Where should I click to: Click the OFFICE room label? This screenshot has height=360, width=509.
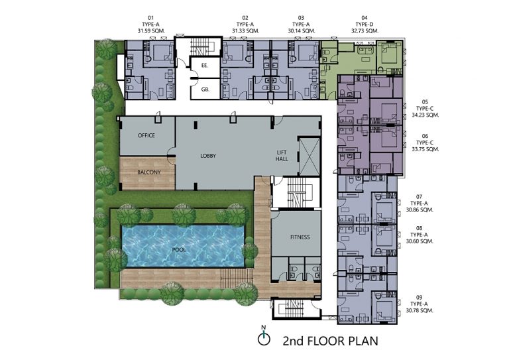pyautogui.click(x=146, y=135)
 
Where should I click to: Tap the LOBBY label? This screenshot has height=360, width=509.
pyautogui.click(x=208, y=156)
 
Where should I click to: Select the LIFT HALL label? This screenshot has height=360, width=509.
pyautogui.click(x=282, y=156)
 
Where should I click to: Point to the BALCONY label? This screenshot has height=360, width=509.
pyautogui.click(x=148, y=172)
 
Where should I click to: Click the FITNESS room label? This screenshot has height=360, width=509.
pyautogui.click(x=300, y=237)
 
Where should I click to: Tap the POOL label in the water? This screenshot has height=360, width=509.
pyautogui.click(x=179, y=250)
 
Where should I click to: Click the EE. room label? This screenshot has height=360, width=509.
pyautogui.click(x=205, y=65)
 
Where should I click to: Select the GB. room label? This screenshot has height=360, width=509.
pyautogui.click(x=205, y=90)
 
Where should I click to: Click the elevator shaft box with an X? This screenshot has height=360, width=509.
pyautogui.click(x=310, y=156)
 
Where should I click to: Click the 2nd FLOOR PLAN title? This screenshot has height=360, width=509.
pyautogui.click(x=331, y=341)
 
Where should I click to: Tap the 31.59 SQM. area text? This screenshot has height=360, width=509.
pyautogui.click(x=151, y=31)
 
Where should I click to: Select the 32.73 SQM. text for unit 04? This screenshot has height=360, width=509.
pyautogui.click(x=365, y=31)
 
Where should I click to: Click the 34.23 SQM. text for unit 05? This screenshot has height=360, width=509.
pyautogui.click(x=425, y=115)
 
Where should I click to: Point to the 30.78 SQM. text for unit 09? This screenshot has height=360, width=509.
pyautogui.click(x=420, y=311)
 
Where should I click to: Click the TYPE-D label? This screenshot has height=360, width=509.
pyautogui.click(x=365, y=25)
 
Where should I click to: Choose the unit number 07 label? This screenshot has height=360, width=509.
pyautogui.click(x=420, y=197)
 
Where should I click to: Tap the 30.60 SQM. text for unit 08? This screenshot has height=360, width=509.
pyautogui.click(x=420, y=241)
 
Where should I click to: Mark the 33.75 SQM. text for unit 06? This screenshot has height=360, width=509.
pyautogui.click(x=425, y=149)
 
